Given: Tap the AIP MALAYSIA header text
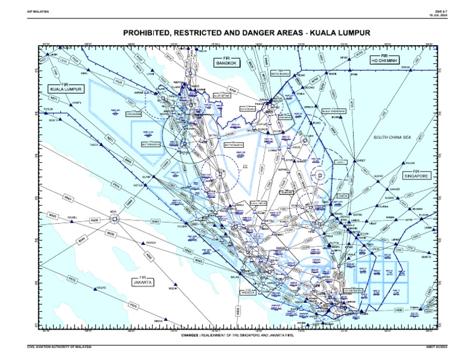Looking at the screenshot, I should tap(37, 11).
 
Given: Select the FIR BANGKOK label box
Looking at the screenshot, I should tap(226, 61).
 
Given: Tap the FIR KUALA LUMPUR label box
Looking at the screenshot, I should tap(66, 88).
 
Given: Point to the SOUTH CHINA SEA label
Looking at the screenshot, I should tap(392, 138).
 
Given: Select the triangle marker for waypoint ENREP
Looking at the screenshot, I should tap(353, 160).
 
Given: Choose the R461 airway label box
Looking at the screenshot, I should tap(156, 221).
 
